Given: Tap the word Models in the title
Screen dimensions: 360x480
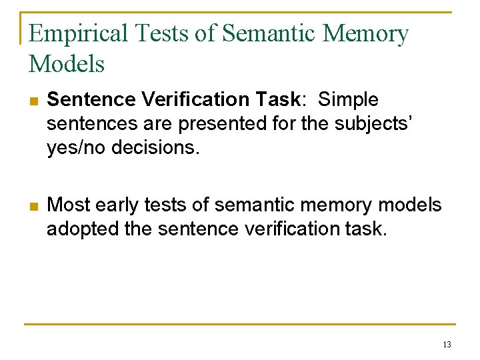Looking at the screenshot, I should [x=67, y=64].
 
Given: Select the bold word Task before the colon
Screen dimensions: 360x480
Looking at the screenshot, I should [x=279, y=100].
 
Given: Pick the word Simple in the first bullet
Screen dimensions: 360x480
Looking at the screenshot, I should [x=348, y=100].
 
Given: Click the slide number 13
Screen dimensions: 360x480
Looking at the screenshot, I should [x=446, y=345].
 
